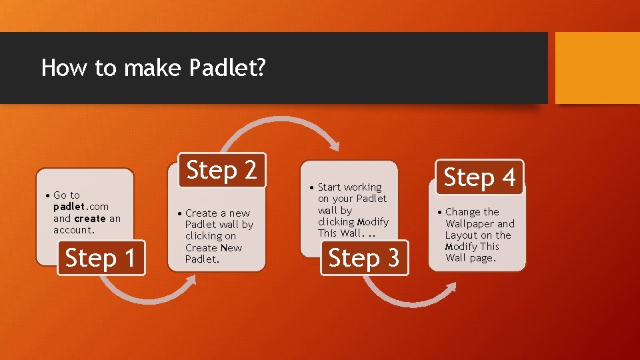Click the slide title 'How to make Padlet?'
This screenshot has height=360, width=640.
click(x=153, y=68)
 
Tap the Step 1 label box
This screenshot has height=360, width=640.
click(x=101, y=257)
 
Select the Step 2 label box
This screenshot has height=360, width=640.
click(x=221, y=171)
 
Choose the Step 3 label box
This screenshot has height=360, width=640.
click(x=364, y=257)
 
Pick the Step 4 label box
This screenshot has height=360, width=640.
click(x=479, y=177)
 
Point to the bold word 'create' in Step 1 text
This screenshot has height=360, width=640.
click(x=90, y=218)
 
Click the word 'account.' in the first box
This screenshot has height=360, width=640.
click(x=74, y=230)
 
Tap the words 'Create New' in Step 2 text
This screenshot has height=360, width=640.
click(x=213, y=247)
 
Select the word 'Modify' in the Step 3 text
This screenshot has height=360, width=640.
click(x=373, y=221)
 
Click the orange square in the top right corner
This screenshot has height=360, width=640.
click(x=597, y=68)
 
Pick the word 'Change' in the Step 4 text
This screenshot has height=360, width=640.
click(x=463, y=212)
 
